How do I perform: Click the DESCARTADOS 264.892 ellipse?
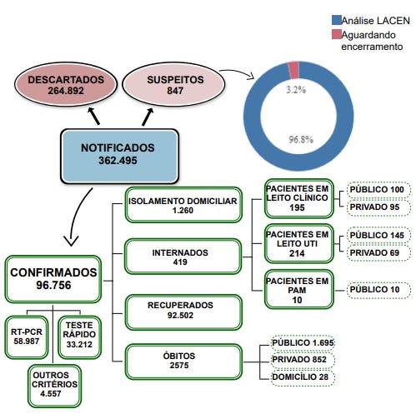[66, 84]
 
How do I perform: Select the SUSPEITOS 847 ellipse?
[173, 84]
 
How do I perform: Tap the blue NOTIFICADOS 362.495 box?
[119, 156]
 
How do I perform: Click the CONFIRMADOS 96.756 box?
[53, 279]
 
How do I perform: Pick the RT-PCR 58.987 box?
[27, 337]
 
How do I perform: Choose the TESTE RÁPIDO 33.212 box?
[79, 337]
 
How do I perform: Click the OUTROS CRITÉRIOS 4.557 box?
[54, 386]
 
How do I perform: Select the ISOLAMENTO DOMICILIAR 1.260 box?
[183, 205]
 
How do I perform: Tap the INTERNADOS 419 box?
[183, 257]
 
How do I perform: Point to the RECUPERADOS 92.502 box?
[183, 312]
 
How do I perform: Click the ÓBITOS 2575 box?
[183, 362]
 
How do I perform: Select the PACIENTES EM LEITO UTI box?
[299, 243]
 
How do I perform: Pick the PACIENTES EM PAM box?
[299, 289]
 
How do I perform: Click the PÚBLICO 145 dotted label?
[378, 235]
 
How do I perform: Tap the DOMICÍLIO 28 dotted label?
[303, 377]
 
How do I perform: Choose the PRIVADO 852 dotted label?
[303, 360]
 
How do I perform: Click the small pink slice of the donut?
[293, 69]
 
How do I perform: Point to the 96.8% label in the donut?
[301, 139]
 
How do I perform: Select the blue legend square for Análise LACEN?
[337, 20]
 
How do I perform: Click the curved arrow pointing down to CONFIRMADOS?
[75, 215]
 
